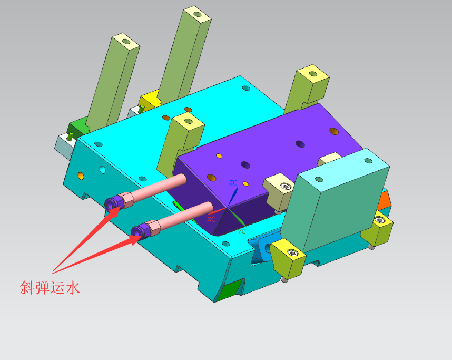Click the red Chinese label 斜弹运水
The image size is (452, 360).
pyautogui.click(x=50, y=288)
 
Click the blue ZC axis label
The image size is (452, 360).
pyautogui.click(x=233, y=182)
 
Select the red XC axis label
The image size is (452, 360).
pyautogui.click(x=211, y=219)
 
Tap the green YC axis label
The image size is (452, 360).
pyautogui.click(x=242, y=231)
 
